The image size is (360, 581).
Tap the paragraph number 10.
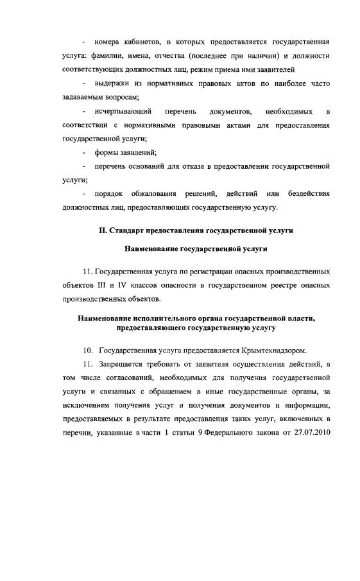pos(88,350)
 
